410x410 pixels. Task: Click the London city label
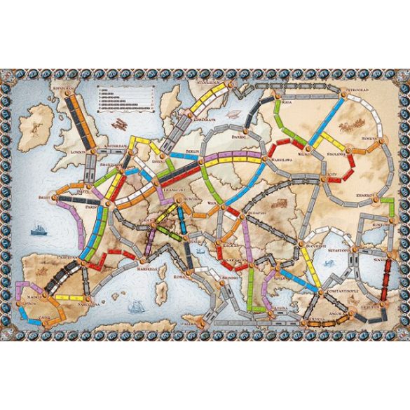click(78, 151)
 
